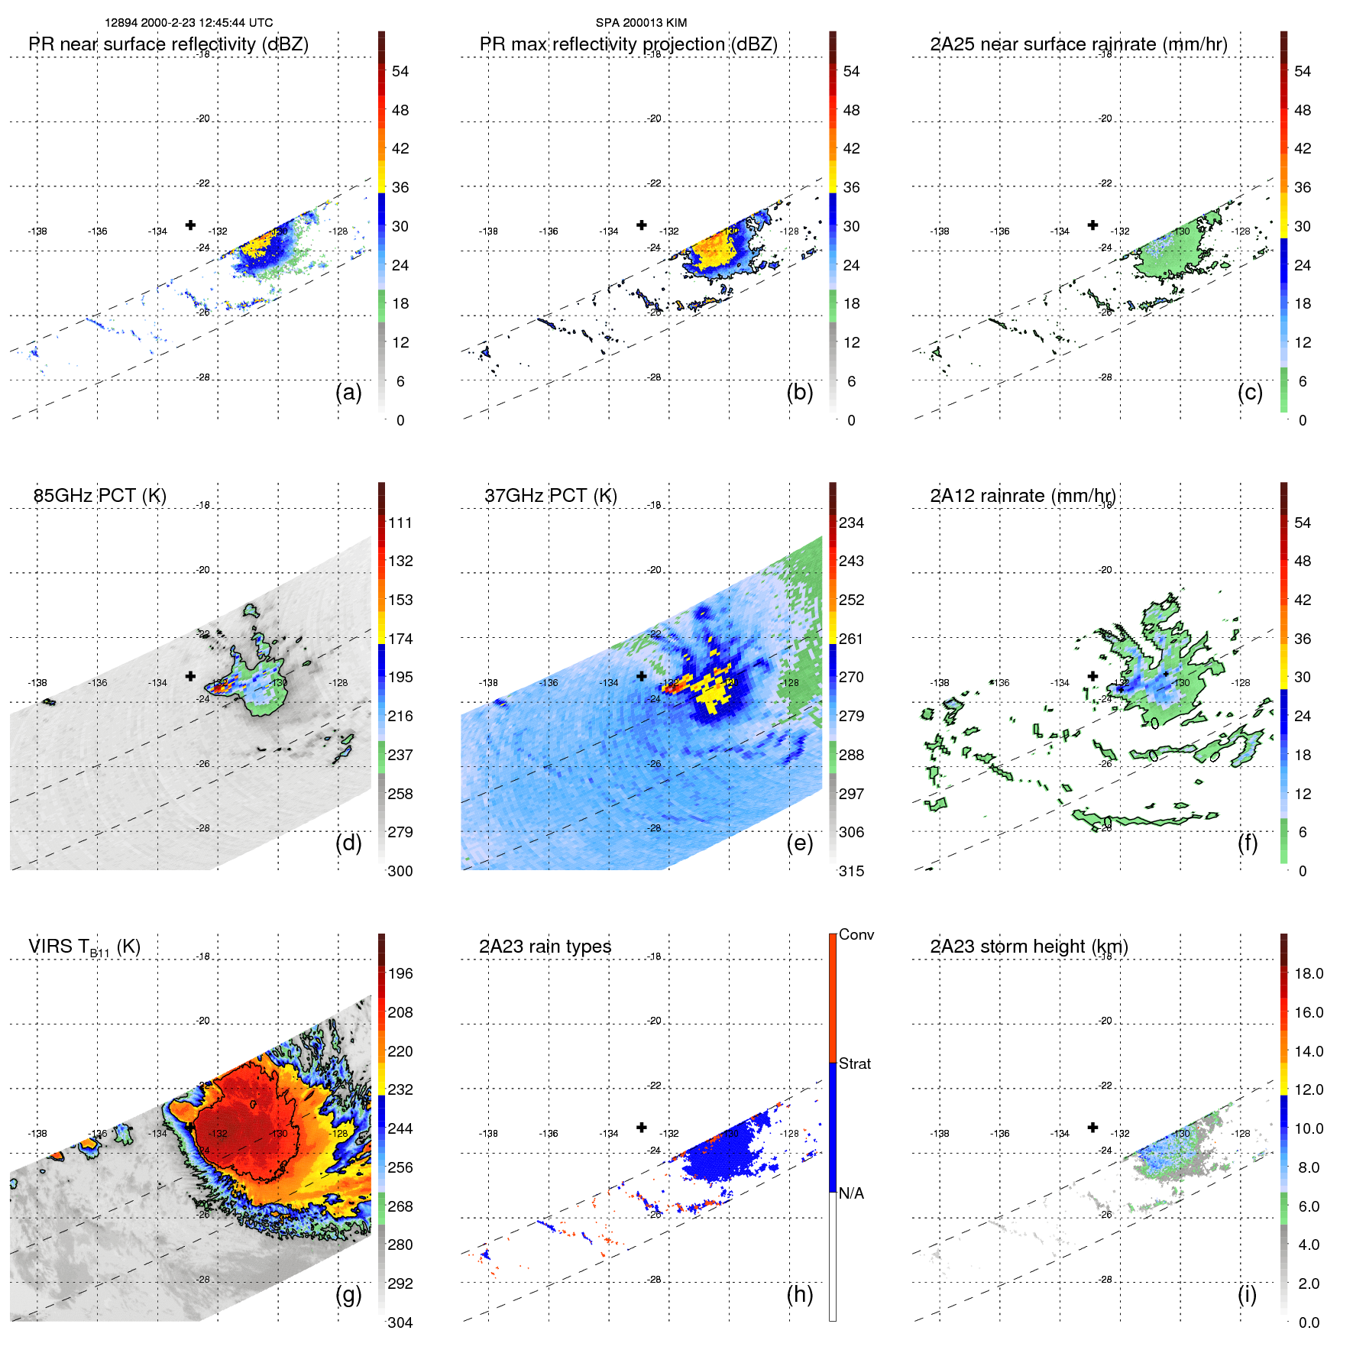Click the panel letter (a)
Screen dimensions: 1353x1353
coord(348,393)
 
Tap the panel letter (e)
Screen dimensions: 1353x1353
coord(800,843)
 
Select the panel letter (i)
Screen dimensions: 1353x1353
coord(1247,1294)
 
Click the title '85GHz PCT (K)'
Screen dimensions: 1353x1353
coord(99,496)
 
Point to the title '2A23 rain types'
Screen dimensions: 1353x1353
coord(545,947)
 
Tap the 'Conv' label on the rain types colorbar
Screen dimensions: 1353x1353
coord(856,934)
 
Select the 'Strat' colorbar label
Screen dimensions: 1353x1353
coord(854,1063)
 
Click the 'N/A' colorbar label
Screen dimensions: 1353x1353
coord(851,1193)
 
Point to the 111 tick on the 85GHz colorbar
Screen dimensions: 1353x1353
coord(400,523)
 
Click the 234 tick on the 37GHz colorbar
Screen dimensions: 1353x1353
coord(851,523)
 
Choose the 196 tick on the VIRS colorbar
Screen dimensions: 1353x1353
coord(400,973)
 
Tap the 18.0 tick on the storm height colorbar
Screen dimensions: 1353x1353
coord(1309,973)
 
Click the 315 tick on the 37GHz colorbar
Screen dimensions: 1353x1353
coord(851,871)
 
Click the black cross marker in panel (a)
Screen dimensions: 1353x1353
coord(190,225)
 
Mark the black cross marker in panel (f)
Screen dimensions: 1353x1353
coord(1093,676)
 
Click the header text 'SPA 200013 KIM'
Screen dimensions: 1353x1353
coord(641,23)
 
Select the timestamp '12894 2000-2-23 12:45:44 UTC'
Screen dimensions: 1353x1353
coord(189,23)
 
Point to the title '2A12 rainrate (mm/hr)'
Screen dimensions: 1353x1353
coord(1023,496)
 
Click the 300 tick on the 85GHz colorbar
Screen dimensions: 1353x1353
coord(400,871)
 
